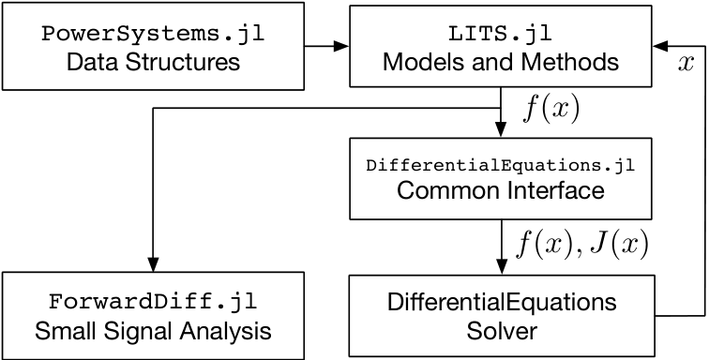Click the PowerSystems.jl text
[153, 35]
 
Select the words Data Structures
[153, 62]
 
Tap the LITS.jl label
[500, 34]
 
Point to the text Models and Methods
[501, 62]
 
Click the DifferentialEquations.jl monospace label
[501, 166]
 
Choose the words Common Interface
[501, 190]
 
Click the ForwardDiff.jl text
[153, 302]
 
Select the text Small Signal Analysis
[153, 331]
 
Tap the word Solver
[502, 331]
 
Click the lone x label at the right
[686, 64]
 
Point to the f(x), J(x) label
[582, 245]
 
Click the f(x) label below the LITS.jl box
[551, 110]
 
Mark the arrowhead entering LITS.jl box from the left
[341, 46]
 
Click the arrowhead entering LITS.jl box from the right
[659, 46]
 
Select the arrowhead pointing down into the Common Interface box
[501, 129]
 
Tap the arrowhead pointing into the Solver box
[501, 266]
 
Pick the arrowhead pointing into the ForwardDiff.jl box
[153, 263]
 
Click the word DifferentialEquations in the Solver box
[502, 302]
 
